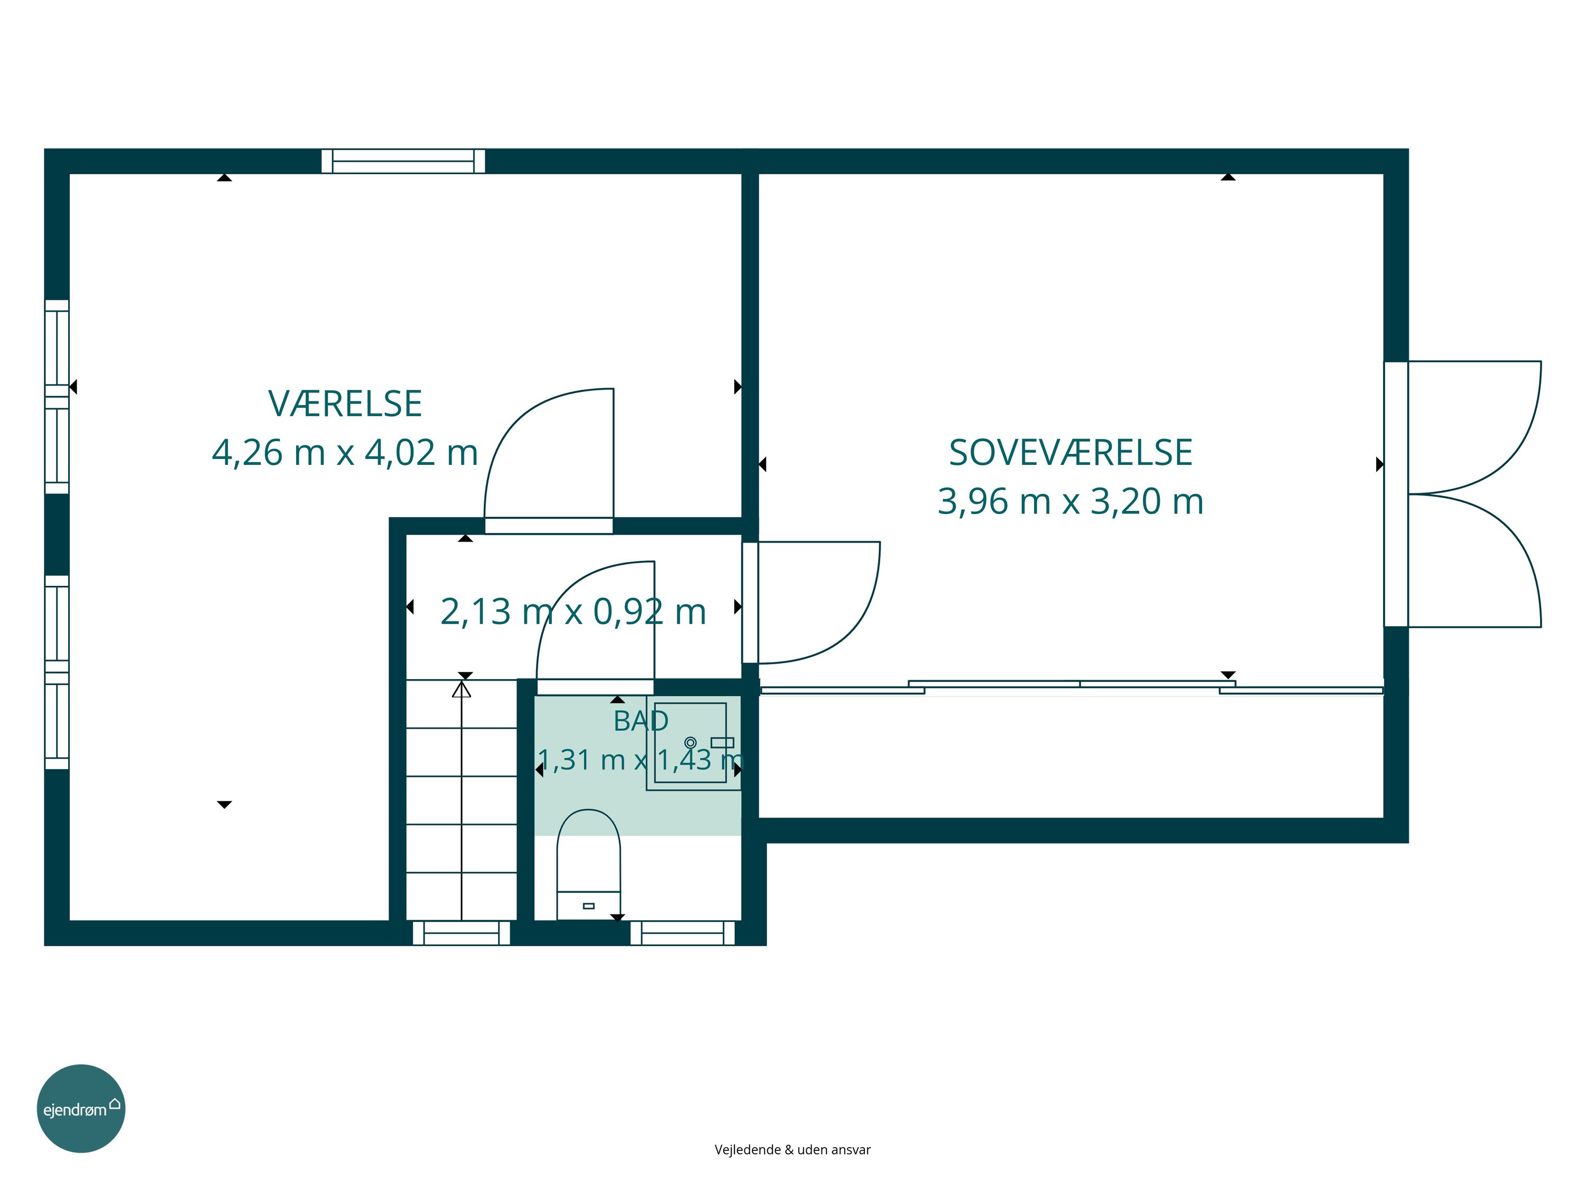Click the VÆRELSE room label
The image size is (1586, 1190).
coord(345,404)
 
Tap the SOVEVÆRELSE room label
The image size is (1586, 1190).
coord(1071,453)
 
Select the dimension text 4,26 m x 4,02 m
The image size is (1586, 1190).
coord(345,453)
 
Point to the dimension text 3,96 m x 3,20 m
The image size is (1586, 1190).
coord(1071,501)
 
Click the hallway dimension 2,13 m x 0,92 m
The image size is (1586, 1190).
coord(573,612)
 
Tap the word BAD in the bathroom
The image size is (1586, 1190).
coord(641,721)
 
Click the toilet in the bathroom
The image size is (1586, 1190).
coord(588,864)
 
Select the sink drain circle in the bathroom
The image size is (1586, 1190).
coord(690,743)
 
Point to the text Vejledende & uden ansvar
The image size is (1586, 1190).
coord(792,1150)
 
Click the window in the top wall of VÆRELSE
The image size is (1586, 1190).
coord(403,161)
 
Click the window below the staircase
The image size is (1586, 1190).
coord(461,933)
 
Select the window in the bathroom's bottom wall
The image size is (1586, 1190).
coord(683,933)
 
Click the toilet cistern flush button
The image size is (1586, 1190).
coord(588,906)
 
